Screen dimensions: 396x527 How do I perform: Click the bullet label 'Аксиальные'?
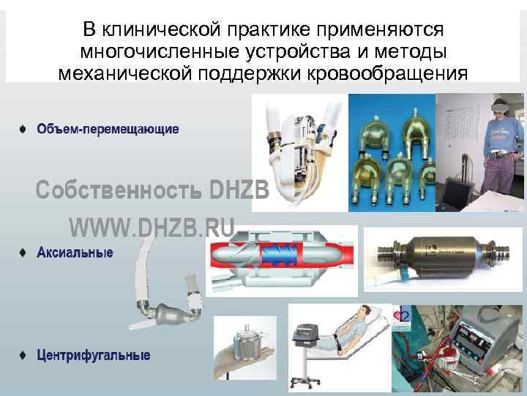click(75, 253)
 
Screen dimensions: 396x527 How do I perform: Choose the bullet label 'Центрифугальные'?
click(94, 356)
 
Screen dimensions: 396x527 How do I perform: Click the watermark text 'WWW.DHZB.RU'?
click(152, 228)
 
